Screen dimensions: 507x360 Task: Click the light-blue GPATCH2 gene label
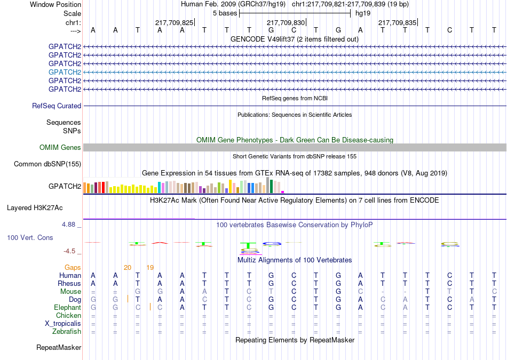click(x=65, y=72)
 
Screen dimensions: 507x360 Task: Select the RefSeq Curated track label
click(x=57, y=106)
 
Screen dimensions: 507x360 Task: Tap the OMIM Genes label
click(x=60, y=147)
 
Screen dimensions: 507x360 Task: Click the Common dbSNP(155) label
click(x=47, y=164)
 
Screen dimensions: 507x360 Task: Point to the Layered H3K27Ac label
click(x=35, y=208)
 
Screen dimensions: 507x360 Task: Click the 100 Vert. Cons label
click(x=30, y=237)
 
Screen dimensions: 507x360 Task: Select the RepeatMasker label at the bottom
click(x=59, y=347)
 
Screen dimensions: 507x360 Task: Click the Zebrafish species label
click(x=67, y=331)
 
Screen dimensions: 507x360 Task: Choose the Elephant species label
click(x=67, y=307)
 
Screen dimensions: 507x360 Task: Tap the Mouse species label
click(x=70, y=292)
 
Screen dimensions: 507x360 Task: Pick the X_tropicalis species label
click(x=63, y=324)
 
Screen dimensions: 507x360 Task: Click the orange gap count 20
click(x=128, y=268)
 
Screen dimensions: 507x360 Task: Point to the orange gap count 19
click(x=150, y=268)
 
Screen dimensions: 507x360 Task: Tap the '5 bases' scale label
click(x=225, y=13)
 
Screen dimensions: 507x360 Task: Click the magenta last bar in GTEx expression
click(x=283, y=192)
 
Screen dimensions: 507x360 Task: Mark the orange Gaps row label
click(x=73, y=268)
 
